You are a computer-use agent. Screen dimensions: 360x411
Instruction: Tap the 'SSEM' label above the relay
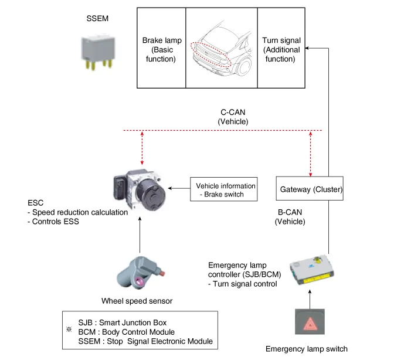click(x=97, y=19)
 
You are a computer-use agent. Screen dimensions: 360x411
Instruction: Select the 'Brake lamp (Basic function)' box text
click(x=162, y=50)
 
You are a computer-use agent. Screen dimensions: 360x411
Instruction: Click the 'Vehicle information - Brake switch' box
click(x=224, y=189)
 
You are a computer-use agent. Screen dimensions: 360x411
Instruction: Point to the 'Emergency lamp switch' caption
click(x=307, y=349)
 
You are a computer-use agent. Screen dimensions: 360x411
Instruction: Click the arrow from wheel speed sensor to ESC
click(x=140, y=235)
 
